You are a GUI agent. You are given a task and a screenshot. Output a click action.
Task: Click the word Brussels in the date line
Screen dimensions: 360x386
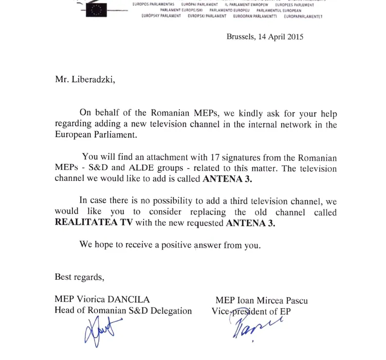pyautogui.click(x=240, y=37)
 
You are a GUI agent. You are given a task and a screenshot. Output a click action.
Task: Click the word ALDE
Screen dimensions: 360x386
pyautogui.click(x=137, y=168)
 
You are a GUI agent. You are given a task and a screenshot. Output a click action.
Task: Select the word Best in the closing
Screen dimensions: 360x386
pyautogui.click(x=63, y=277)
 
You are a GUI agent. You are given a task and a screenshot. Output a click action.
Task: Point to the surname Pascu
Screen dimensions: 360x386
pyautogui.click(x=297, y=300)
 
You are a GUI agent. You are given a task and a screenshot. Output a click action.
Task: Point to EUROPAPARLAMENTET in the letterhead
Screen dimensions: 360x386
pyautogui.click(x=303, y=16)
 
